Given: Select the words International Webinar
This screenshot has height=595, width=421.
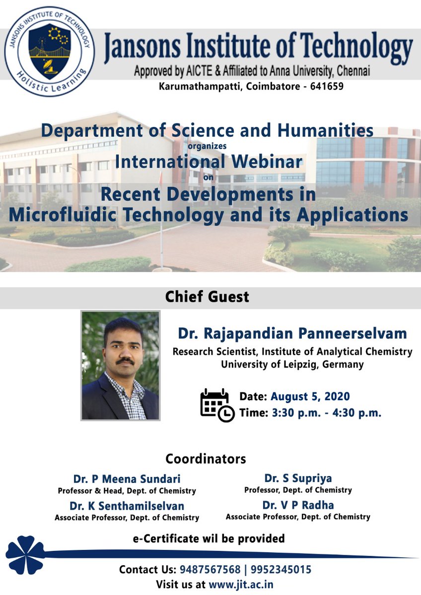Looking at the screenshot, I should (208, 162).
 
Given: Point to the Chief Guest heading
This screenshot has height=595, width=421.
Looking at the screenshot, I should (207, 297).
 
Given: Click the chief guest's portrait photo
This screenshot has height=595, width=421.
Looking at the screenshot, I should (120, 366).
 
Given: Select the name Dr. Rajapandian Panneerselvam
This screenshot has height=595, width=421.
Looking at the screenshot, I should (292, 333).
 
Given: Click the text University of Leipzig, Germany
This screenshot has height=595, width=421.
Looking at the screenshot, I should (292, 364).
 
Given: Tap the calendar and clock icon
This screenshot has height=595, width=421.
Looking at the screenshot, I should (216, 405).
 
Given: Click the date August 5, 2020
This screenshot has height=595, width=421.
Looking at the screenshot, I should (310, 397).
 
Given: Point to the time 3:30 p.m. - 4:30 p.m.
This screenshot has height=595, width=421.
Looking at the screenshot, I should (326, 413).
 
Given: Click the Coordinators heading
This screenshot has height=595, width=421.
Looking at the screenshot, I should (206, 458).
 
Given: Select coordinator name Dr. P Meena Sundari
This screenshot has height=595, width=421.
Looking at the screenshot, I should (127, 479).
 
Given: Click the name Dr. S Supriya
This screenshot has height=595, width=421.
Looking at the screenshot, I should (298, 478).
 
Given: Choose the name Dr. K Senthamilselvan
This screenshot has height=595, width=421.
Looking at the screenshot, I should (127, 506).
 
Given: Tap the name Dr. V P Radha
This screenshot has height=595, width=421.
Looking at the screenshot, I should (298, 505).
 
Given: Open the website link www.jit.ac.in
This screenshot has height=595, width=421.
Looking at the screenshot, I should (241, 584).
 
